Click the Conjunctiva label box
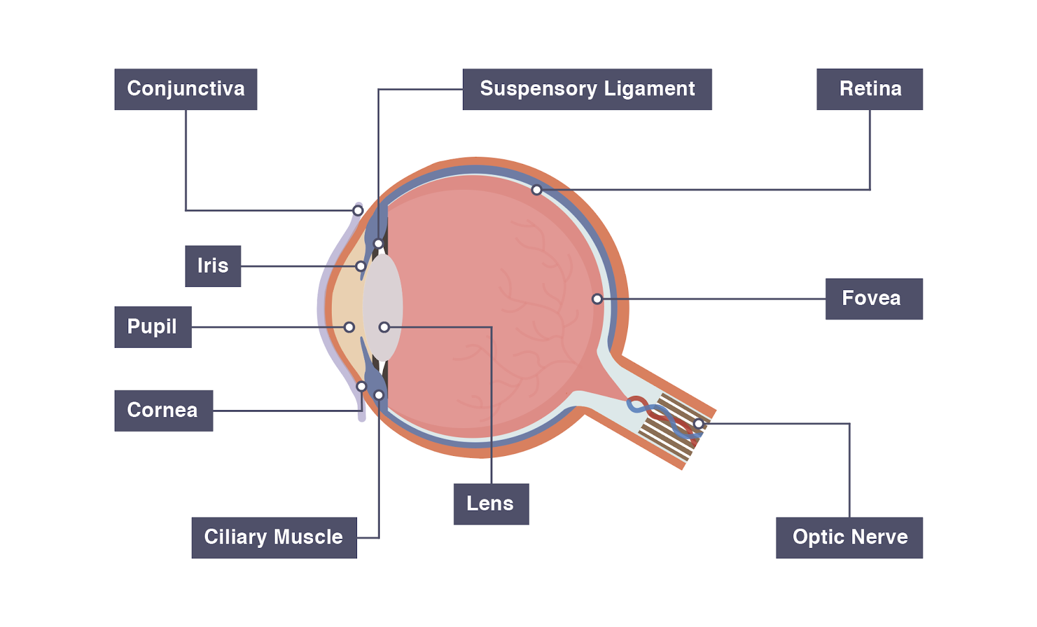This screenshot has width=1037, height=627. pos(185,89)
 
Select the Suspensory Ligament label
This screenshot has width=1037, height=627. pos(587,89)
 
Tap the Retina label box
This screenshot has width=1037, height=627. pos(869,89)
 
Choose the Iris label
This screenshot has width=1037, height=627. pos(213,266)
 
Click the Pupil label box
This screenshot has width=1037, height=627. pos(152,327)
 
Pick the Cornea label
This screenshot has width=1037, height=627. pos(163,411)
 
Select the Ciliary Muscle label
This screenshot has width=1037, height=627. pos(274,538)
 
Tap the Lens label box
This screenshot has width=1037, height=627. pos(491,504)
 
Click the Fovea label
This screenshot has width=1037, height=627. pos(873,299)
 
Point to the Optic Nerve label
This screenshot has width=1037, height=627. pos(849,538)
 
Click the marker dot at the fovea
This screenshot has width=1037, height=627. pos(597,299)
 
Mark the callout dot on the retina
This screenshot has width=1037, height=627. pos(537,190)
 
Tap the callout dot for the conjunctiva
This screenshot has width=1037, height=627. pos(358,211)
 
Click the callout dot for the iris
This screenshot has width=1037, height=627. pos(361,266)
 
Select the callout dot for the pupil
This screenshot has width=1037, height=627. pos(349,327)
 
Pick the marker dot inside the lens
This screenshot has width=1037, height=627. pos(384,327)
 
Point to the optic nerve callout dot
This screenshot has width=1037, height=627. pos(698,424)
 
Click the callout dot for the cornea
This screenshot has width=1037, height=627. pos(362,387)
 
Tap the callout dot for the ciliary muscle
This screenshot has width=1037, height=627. pos(379,395)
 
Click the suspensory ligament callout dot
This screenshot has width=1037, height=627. pos(379,244)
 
